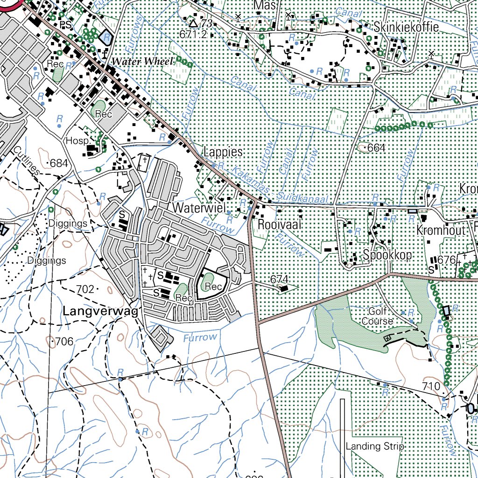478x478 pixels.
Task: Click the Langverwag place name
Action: coord(100,311)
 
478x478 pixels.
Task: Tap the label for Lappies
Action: coord(223,152)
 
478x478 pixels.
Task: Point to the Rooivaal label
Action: coord(279,225)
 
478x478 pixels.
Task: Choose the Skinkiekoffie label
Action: coord(406,27)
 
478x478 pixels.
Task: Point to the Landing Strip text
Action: coord(374,446)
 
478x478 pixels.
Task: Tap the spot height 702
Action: coord(85,289)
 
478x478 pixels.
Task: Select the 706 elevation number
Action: coord(64,342)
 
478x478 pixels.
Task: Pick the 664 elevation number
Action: coord(376,148)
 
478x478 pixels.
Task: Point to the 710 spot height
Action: coord(430,386)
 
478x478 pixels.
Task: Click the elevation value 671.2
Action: coord(193,34)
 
